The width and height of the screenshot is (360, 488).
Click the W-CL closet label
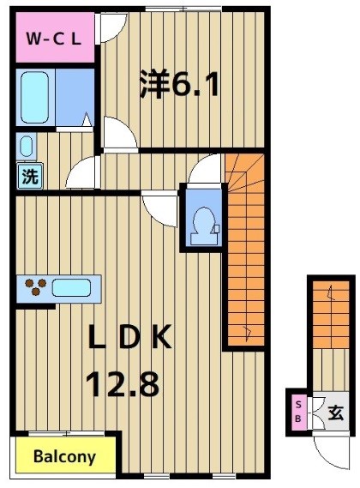(x=53, y=38)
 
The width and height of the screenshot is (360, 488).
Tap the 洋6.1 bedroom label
(x=179, y=84)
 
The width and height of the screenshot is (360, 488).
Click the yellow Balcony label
(x=64, y=456)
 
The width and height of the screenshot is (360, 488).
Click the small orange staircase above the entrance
(x=327, y=313)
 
